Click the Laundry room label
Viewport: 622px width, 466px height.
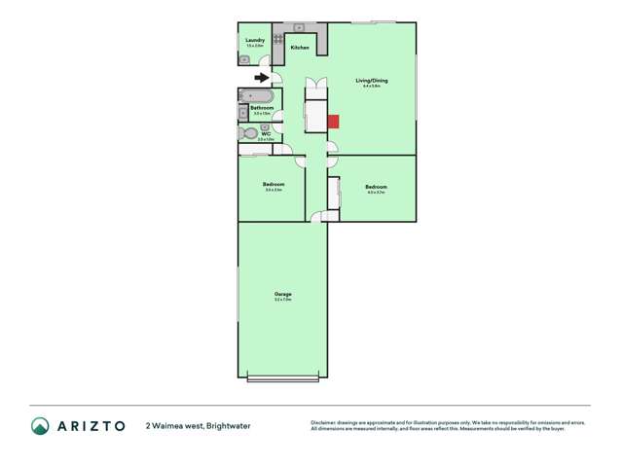(255, 40)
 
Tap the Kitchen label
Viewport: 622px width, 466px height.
(299, 48)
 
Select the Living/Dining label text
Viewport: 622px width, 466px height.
(371, 80)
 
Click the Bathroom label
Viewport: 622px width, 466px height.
(262, 108)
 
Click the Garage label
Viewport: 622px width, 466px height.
(282, 294)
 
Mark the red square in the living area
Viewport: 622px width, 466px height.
(333, 122)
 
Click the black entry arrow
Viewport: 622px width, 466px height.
(262, 78)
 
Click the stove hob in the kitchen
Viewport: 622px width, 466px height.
(277, 40)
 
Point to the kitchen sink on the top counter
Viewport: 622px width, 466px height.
(300, 26)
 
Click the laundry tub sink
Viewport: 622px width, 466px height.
(243, 59)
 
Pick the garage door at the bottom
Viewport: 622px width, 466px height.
(282, 377)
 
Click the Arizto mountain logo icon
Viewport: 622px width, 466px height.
(40, 426)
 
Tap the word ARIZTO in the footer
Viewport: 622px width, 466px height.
(91, 426)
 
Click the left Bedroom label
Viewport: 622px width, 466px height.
(274, 184)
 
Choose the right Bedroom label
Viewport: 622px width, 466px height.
(376, 187)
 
